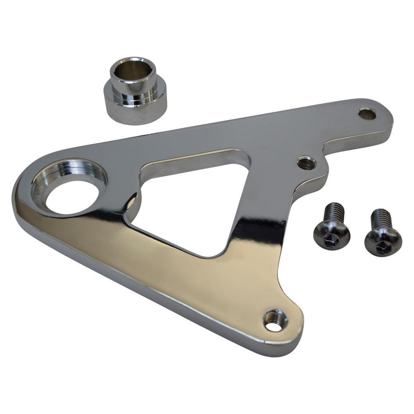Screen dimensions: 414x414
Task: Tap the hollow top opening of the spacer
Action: (132, 67)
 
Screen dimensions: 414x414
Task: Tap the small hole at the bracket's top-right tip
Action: (367, 113)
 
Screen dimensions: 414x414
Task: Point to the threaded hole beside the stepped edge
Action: (306, 162)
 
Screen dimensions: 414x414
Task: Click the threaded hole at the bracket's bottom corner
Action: (275, 321)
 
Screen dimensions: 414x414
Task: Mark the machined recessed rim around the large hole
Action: (62, 175)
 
